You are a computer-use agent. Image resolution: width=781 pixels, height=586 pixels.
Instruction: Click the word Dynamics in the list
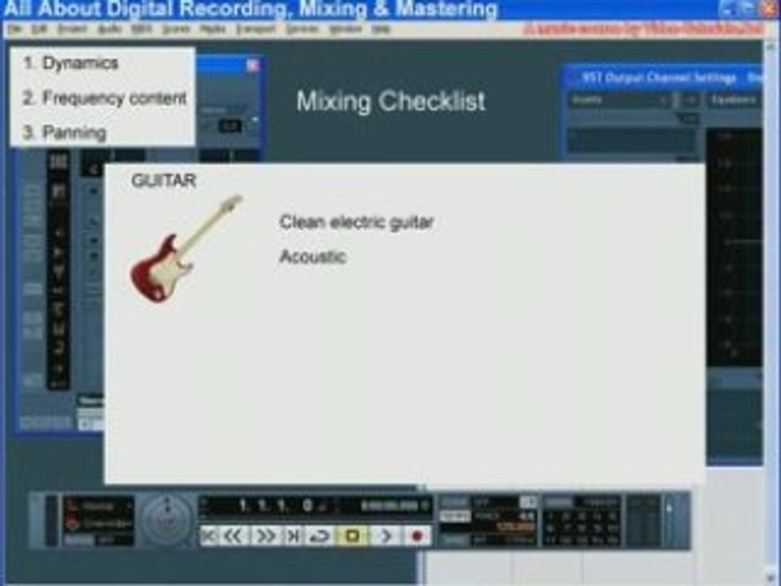pyautogui.click(x=80, y=63)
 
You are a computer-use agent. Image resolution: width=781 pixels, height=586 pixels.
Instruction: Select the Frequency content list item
pyautogui.click(x=114, y=98)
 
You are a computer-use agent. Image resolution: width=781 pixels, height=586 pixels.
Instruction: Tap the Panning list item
pyautogui.click(x=74, y=133)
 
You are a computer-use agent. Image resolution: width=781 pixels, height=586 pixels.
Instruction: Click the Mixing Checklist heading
pyautogui.click(x=390, y=102)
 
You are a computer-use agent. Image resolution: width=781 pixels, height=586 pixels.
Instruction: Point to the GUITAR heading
pyautogui.click(x=164, y=181)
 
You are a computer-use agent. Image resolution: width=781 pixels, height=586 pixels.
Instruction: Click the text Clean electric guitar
pyautogui.click(x=356, y=222)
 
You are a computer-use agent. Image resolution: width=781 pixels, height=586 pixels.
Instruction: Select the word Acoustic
pyautogui.click(x=312, y=257)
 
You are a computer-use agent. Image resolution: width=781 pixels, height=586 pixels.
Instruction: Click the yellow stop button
pyautogui.click(x=353, y=536)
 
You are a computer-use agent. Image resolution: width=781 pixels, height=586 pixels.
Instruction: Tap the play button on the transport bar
pyautogui.click(x=386, y=536)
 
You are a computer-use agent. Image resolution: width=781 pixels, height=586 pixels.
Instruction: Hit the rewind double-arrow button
pyautogui.click(x=233, y=536)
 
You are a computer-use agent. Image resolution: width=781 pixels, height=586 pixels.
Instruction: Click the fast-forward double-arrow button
pyautogui.click(x=265, y=536)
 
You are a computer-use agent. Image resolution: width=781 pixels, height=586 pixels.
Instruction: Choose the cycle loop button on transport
pyautogui.click(x=321, y=536)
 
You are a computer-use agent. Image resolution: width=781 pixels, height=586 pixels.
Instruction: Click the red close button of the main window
pyautogui.click(x=768, y=9)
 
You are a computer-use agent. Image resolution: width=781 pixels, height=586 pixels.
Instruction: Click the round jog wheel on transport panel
pyautogui.click(x=168, y=519)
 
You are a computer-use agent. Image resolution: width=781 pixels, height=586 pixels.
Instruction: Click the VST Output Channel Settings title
pyautogui.click(x=659, y=78)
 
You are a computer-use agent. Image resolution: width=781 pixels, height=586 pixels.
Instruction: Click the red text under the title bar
pyautogui.click(x=643, y=28)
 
